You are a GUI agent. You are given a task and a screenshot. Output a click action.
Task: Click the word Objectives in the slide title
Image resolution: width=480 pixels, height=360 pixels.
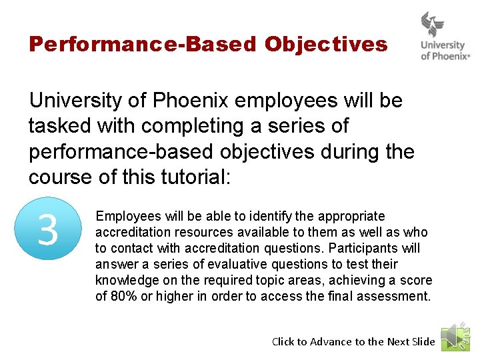pyautogui.click(x=325, y=45)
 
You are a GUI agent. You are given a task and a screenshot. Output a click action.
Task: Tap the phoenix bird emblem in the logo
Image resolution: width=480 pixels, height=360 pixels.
pyautogui.click(x=433, y=25)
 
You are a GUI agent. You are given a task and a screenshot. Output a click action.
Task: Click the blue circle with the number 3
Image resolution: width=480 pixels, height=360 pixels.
pyautogui.click(x=48, y=230)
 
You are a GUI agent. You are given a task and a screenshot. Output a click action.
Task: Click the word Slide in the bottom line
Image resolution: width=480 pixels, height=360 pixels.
pyautogui.click(x=423, y=341)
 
